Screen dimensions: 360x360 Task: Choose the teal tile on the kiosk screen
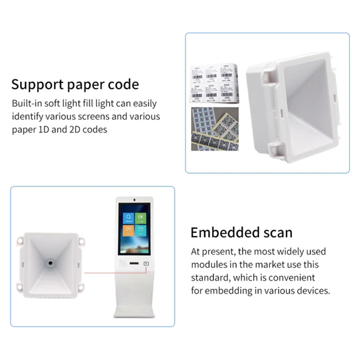[140, 230]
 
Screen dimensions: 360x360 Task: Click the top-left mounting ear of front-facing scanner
[20, 241]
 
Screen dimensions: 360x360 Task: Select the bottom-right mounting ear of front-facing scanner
[81, 285]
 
